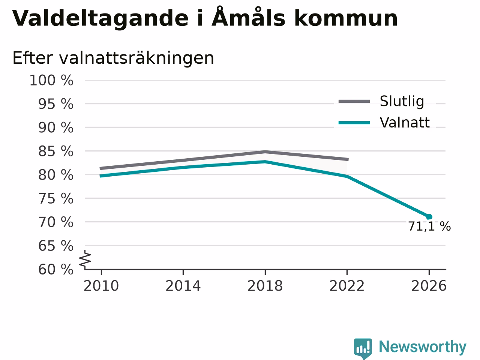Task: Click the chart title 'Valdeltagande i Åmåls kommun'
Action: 205,18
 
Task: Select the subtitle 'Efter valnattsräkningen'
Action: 113,58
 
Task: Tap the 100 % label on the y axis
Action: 51,80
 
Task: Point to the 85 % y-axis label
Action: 56,151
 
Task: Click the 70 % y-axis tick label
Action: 56,222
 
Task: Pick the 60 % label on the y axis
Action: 56,269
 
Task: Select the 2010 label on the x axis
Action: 101,286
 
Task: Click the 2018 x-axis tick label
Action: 265,286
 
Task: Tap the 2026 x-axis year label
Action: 429,286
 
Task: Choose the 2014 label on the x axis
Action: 183,286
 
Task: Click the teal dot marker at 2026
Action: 429,217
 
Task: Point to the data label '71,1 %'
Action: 429,226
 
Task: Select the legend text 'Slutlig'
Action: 402,101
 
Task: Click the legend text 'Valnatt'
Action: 405,122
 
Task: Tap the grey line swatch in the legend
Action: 354,101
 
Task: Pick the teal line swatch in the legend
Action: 354,123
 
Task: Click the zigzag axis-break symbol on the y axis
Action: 85,259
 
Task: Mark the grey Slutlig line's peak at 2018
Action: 265,152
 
